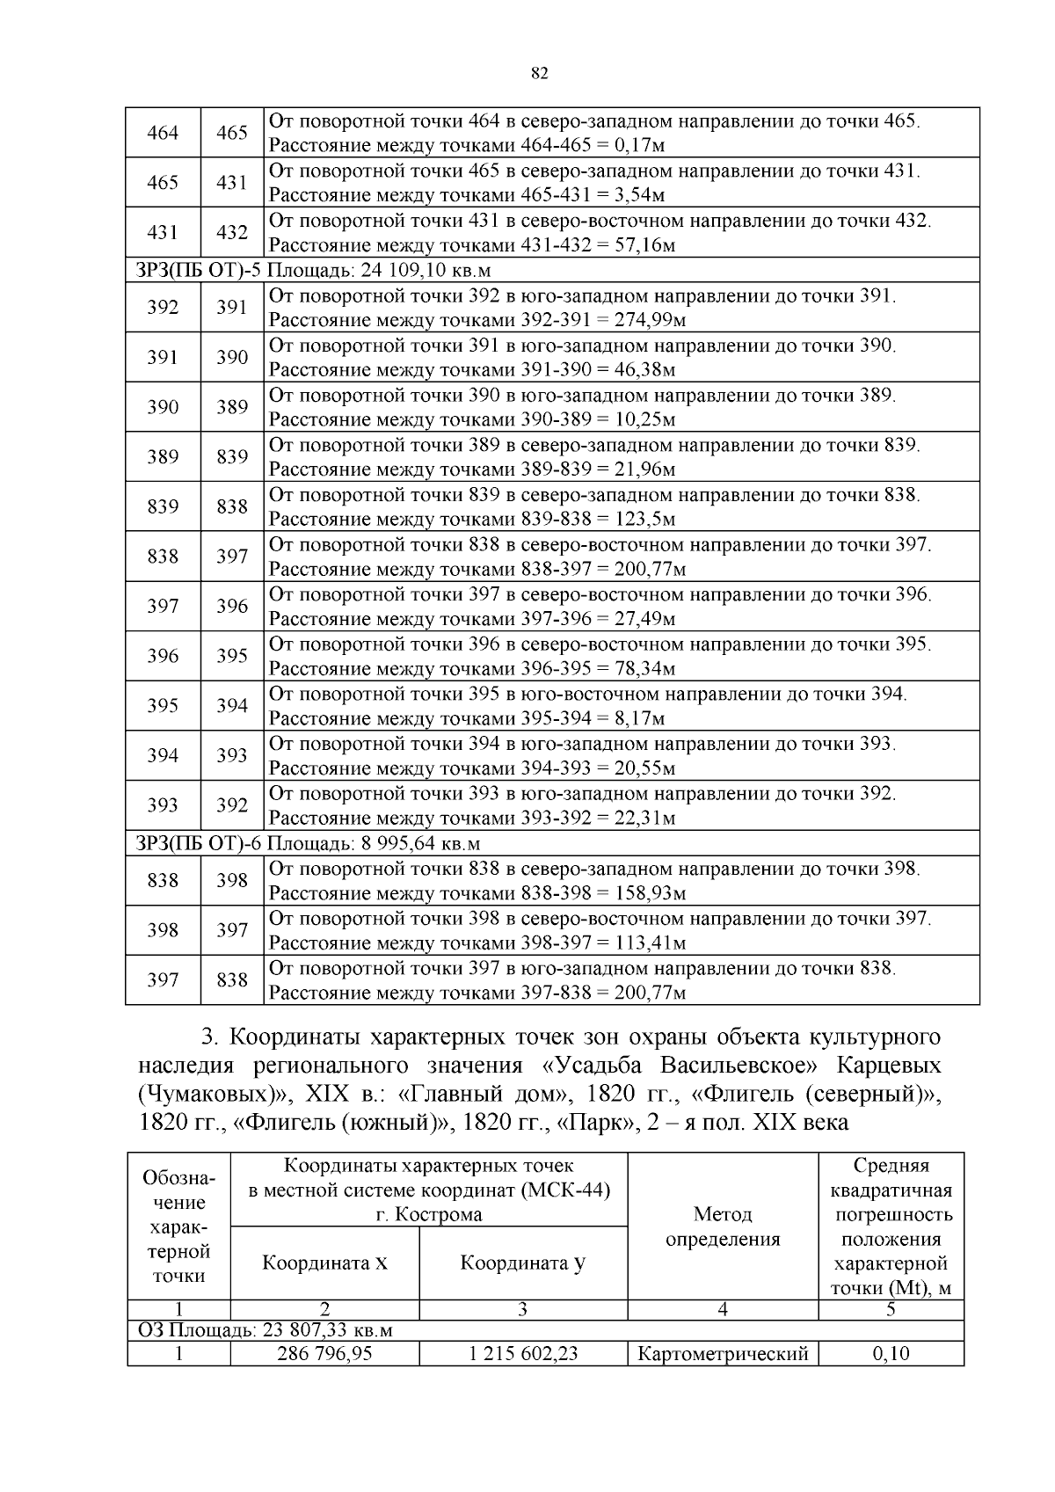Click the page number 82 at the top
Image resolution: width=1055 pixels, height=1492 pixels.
point(540,74)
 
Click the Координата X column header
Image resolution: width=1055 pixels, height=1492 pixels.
point(324,1263)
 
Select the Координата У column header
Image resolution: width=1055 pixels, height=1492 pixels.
point(523,1263)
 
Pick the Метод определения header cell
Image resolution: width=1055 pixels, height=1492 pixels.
point(723,1226)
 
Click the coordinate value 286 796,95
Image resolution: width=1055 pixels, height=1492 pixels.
point(324,1353)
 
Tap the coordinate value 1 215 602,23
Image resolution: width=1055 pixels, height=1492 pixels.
point(523,1353)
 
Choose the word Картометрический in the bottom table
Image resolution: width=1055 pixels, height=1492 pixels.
point(723,1354)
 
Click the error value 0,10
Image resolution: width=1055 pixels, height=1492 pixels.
point(891,1353)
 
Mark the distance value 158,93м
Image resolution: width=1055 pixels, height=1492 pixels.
point(650,894)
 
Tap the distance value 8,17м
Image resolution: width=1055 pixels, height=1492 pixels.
point(639,719)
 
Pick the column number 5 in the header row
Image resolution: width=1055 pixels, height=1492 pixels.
point(891,1310)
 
